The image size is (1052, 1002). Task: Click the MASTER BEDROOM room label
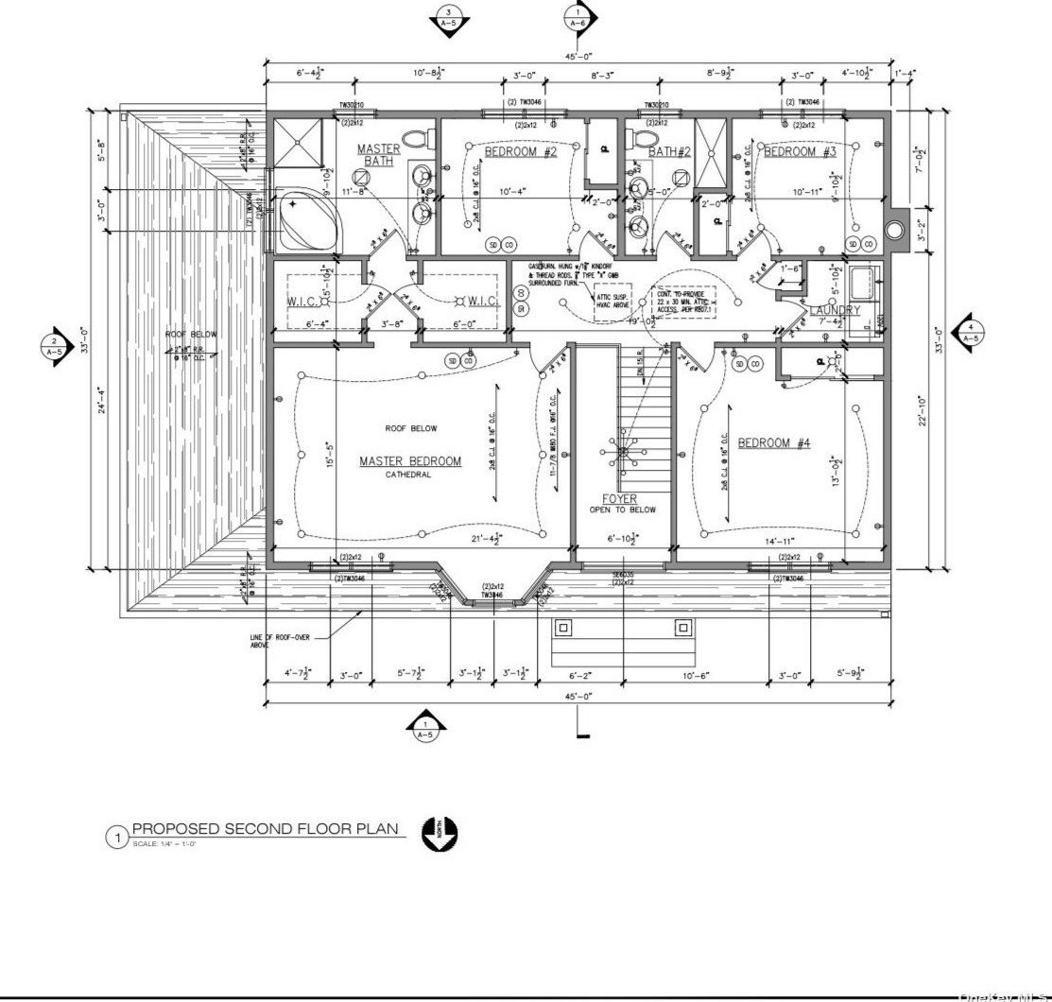tap(410, 461)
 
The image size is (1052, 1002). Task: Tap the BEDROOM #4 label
tap(774, 442)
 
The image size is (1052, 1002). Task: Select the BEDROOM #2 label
tap(522, 151)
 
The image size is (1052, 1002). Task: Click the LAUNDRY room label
tap(834, 310)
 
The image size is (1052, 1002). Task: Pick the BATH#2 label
tap(669, 151)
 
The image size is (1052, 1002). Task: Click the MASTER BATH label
tap(378, 155)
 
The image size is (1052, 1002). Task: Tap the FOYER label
tap(620, 499)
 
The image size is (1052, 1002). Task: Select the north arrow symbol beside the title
tap(440, 833)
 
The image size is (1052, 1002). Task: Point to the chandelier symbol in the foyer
tap(623, 452)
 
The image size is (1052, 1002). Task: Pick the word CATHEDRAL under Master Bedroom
tap(408, 475)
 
